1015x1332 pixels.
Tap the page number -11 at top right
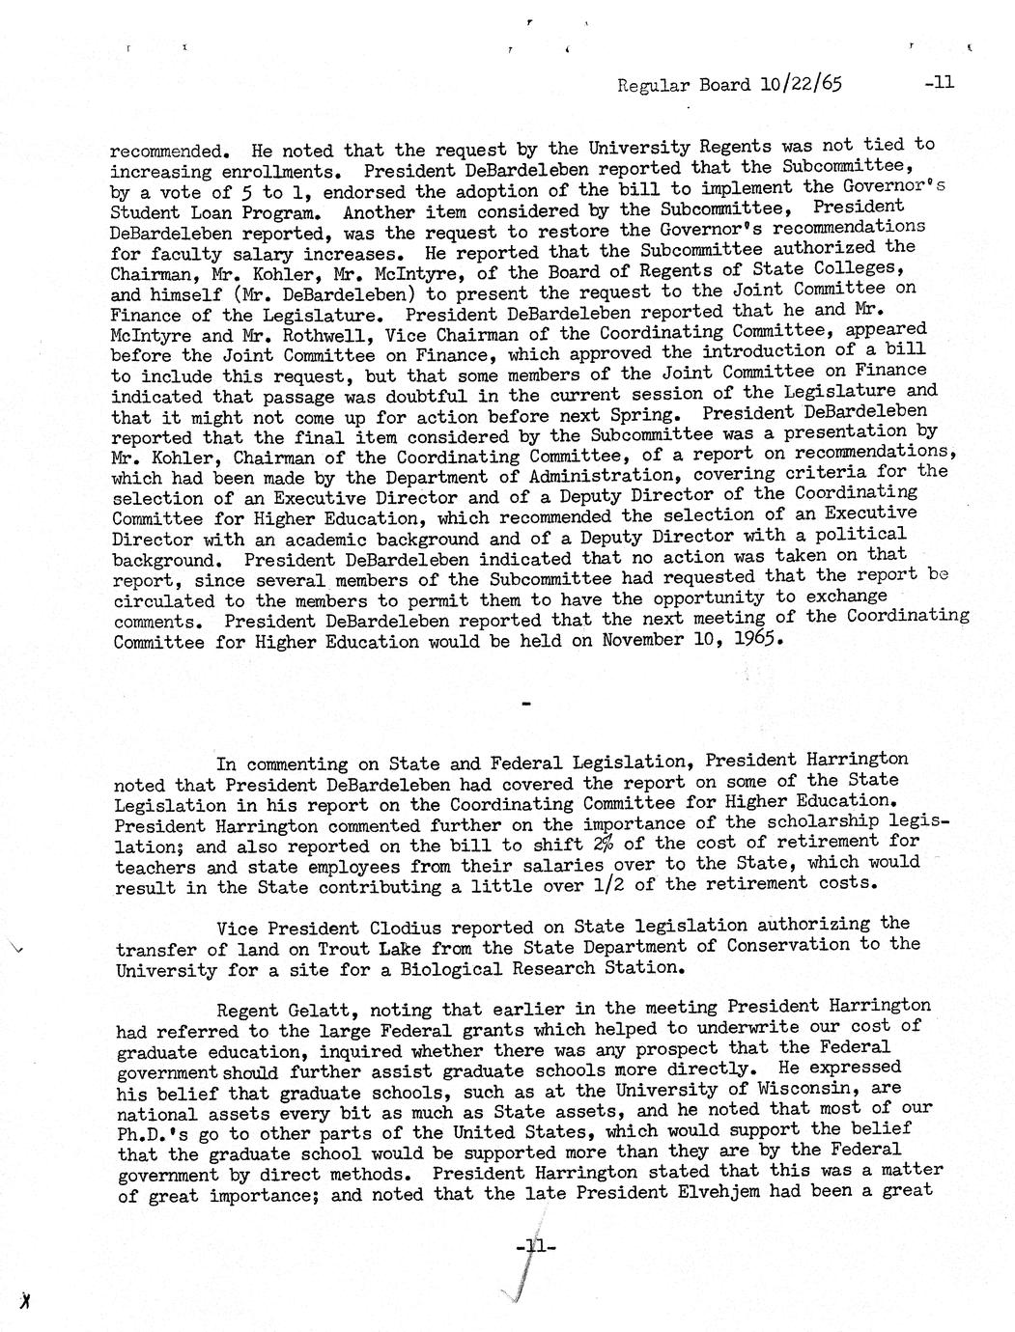tap(938, 83)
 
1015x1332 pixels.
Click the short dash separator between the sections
tap(525, 707)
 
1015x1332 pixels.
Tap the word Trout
tap(352, 947)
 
